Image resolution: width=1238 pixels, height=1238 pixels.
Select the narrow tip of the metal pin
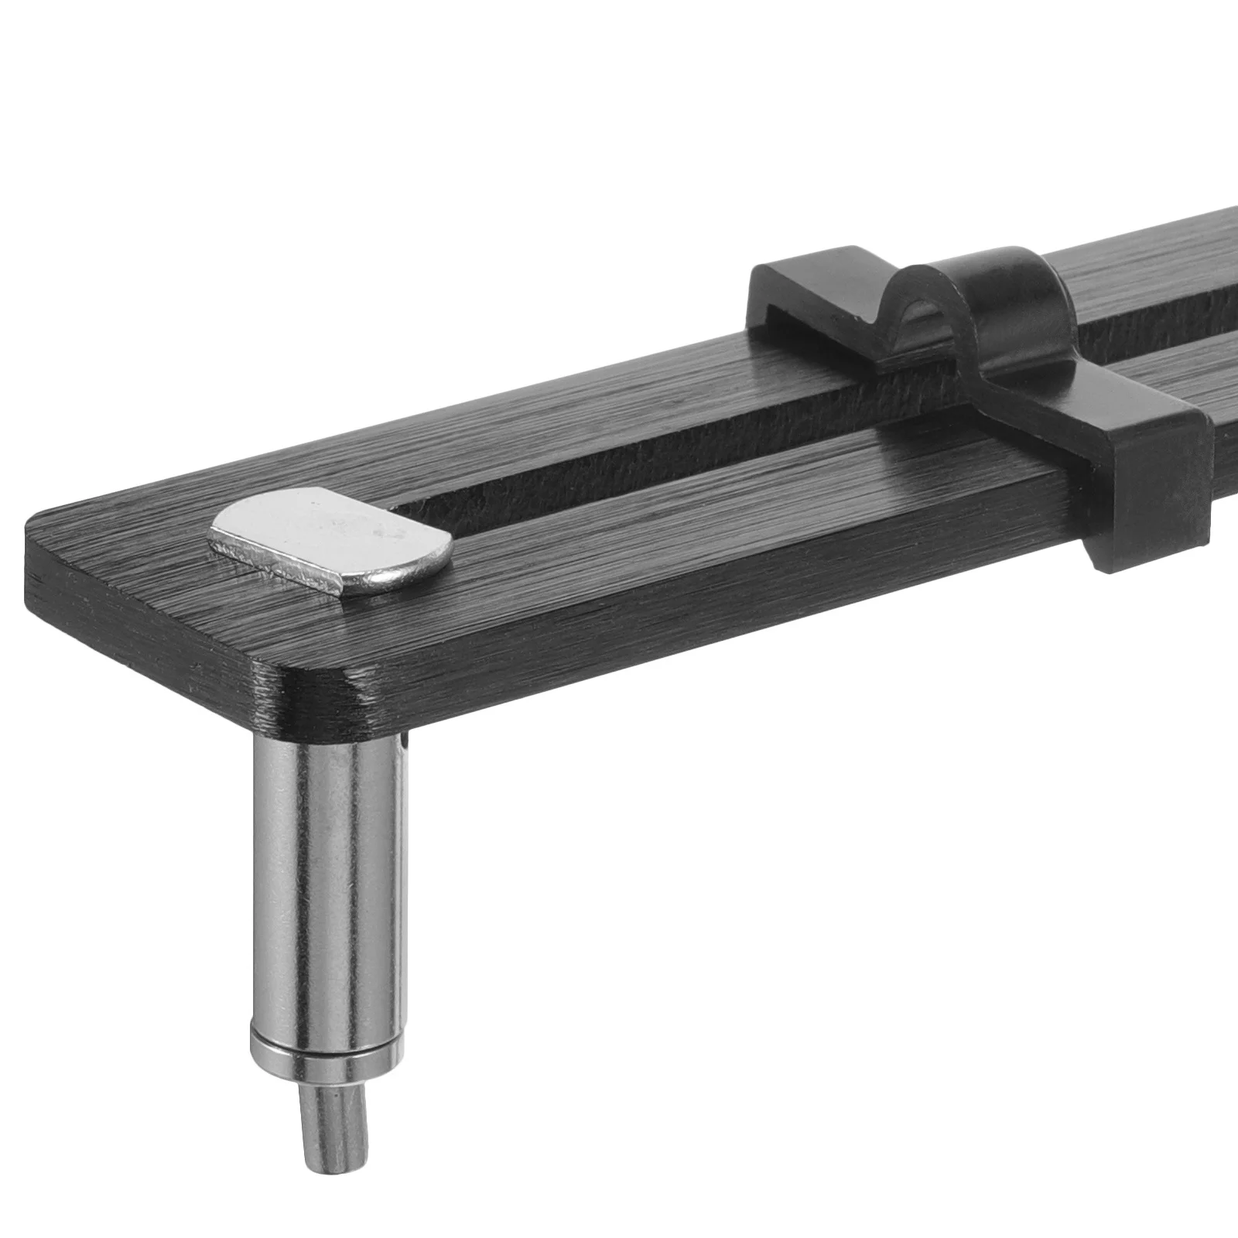[333, 1122]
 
